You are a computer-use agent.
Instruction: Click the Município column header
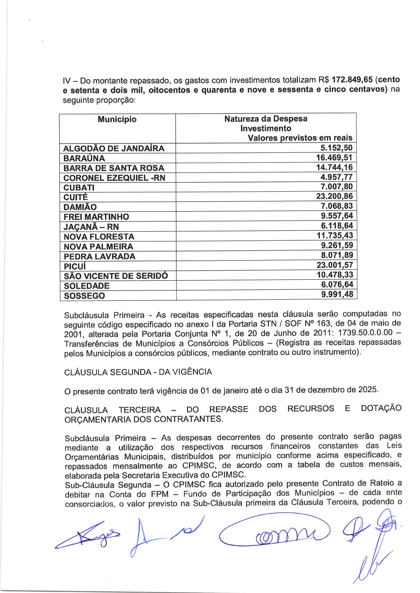117,119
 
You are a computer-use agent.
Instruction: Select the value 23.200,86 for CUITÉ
334,196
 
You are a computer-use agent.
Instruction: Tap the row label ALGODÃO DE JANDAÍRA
114,149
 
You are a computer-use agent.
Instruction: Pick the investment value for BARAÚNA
334,158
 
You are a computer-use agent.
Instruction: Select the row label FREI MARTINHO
96,217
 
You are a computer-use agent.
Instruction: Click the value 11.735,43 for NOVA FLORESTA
334,236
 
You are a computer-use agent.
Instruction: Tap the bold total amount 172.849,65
352,80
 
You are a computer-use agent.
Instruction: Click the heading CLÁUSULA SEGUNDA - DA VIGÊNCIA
138,372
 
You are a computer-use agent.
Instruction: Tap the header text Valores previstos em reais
300,138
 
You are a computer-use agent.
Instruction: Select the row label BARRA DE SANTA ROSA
113,168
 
